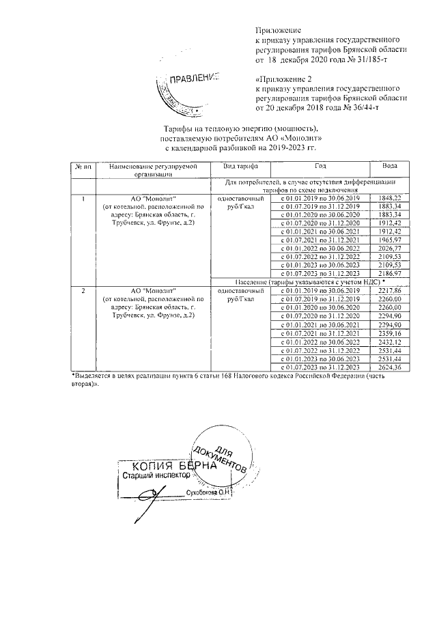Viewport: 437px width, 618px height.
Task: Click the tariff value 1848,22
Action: (389, 197)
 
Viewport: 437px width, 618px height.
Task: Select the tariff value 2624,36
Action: (389, 367)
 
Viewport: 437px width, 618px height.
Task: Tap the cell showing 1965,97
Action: (389, 240)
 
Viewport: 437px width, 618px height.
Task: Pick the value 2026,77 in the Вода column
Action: (389, 249)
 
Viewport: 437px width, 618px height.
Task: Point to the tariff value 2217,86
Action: (389, 291)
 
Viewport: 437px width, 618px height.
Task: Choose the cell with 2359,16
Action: (389, 333)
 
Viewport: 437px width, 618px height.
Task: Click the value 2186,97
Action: (389, 273)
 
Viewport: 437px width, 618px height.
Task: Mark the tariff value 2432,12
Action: (389, 341)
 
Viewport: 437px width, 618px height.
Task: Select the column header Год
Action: (320, 167)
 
